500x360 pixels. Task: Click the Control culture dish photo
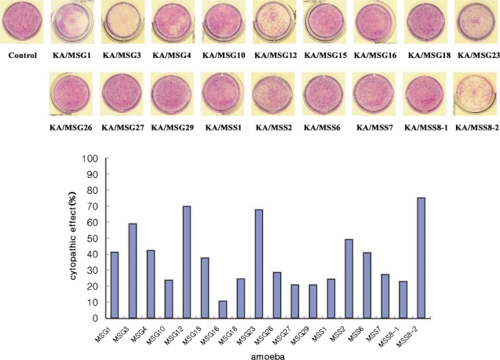click(x=22, y=24)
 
